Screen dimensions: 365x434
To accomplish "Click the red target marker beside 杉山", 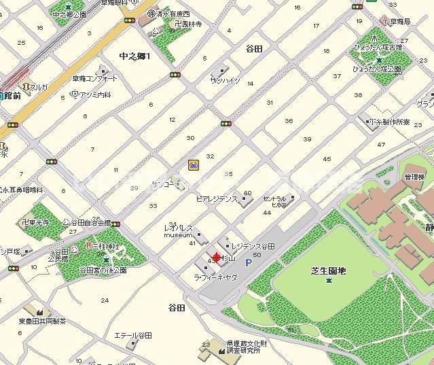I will point(217,258).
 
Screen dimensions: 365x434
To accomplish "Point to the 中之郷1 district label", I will point(134,56).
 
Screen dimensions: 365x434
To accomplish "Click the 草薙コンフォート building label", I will point(95,79).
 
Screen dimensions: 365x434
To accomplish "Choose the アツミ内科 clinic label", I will point(95,95).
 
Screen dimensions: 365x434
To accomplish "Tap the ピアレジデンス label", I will point(216,200).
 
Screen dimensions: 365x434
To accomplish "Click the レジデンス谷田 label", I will point(253,245).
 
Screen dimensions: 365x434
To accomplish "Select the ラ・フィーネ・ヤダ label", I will point(215,277).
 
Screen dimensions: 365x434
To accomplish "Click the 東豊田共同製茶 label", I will point(42,321).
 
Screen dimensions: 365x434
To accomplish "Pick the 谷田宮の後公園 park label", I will point(103,271).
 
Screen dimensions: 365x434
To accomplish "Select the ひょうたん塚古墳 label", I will point(378,48).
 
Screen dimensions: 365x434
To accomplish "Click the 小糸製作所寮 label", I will point(390,122).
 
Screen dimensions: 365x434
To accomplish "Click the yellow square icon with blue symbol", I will point(194,164).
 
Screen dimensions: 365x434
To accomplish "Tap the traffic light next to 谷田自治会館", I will point(117,224).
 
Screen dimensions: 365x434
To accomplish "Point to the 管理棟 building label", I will point(414,177).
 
